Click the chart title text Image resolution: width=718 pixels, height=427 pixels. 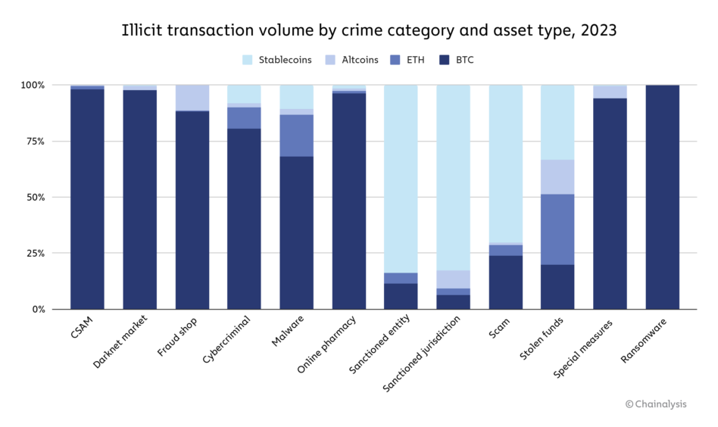[358, 31]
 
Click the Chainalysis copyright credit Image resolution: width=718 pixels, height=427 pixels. [656, 404]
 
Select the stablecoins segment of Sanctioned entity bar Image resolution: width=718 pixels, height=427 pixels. [401, 179]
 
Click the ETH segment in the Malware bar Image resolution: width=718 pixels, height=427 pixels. [296, 136]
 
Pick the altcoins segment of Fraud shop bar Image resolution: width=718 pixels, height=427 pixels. [192, 98]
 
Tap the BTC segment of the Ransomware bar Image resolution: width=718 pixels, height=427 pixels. [662, 197]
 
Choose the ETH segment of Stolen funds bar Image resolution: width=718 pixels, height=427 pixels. [557, 229]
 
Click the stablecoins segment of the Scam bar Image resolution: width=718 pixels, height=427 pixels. [505, 164]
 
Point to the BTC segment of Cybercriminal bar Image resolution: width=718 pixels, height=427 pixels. [244, 219]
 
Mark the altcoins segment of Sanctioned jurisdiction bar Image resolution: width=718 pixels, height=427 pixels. [453, 279]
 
